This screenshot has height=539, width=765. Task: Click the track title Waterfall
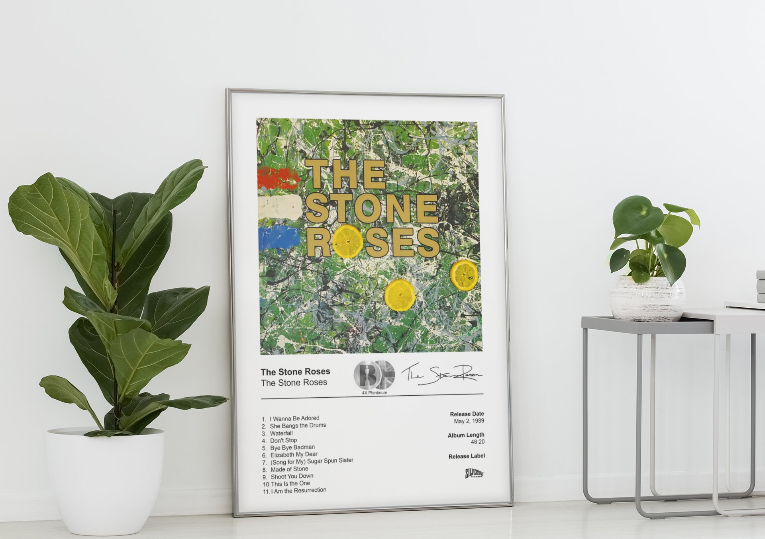pos(281,433)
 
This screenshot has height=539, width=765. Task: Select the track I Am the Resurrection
pos(298,490)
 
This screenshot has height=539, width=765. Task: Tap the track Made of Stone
pos(289,469)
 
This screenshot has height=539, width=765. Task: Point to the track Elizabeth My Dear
pos(294,455)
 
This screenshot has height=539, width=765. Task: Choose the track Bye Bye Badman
pos(292,447)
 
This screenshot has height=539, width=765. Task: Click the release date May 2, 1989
pos(469,421)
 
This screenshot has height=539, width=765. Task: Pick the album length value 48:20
pos(477,442)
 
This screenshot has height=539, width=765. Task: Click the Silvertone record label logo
pos(475,474)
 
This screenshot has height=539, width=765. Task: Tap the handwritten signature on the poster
pos(441,374)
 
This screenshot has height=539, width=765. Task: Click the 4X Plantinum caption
pos(374,393)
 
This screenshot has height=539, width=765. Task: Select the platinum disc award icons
pos(374,375)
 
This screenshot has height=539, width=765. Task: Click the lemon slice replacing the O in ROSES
pos(348,240)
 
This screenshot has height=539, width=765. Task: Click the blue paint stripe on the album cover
pos(279,237)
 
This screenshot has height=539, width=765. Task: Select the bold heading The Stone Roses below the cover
pos(295,372)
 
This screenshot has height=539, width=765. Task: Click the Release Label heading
pos(467,456)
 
